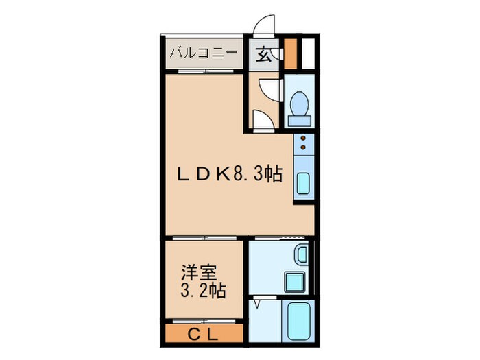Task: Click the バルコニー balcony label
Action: [203, 52]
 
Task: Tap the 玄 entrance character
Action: [263, 54]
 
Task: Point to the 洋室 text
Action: [194, 270]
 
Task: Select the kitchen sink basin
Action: [303, 185]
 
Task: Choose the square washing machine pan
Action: [296, 281]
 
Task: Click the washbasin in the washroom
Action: [301, 256]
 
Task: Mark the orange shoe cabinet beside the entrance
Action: [291, 53]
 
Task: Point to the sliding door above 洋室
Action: [204, 237]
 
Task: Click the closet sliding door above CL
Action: [204, 320]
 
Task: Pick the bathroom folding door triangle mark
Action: [257, 302]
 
